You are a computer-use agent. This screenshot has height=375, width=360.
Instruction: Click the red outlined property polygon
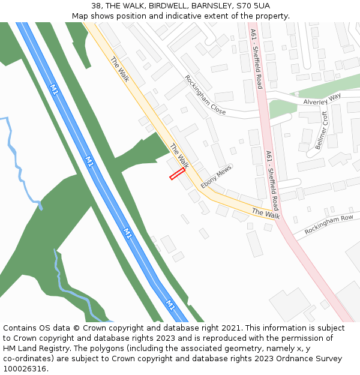click(x=177, y=174)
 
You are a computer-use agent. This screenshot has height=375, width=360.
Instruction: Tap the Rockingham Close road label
click(x=205, y=95)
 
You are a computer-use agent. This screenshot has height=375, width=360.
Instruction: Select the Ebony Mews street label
click(x=216, y=178)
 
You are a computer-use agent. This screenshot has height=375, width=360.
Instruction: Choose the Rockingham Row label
click(x=328, y=225)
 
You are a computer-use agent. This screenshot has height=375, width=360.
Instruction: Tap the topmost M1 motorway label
click(x=55, y=90)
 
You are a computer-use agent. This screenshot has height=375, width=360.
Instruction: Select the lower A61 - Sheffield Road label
click(x=272, y=180)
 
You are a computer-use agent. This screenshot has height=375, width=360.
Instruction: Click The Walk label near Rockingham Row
click(x=266, y=213)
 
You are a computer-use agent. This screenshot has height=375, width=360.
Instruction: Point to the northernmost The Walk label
click(x=120, y=69)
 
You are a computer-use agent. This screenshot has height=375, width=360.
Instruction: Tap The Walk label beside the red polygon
click(x=179, y=156)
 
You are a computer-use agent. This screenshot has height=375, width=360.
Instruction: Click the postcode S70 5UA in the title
click(x=253, y=6)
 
